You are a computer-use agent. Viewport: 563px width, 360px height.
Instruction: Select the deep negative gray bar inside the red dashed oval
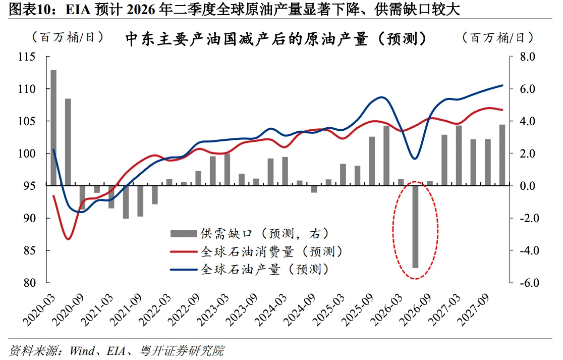click(416, 227)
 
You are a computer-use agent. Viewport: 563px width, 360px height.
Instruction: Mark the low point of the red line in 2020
click(69, 238)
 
